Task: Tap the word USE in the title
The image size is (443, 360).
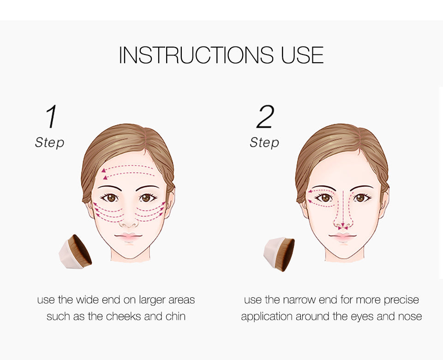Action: pyautogui.click(x=302, y=55)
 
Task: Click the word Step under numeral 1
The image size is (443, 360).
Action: pyautogui.click(x=49, y=142)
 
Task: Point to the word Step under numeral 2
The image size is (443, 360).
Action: pyautogui.click(x=264, y=143)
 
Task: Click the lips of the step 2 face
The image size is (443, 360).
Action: pyautogui.click(x=343, y=238)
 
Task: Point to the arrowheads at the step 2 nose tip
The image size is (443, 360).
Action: pyautogui.click(x=342, y=228)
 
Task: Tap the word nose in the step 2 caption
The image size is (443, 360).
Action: pyautogui.click(x=410, y=317)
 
